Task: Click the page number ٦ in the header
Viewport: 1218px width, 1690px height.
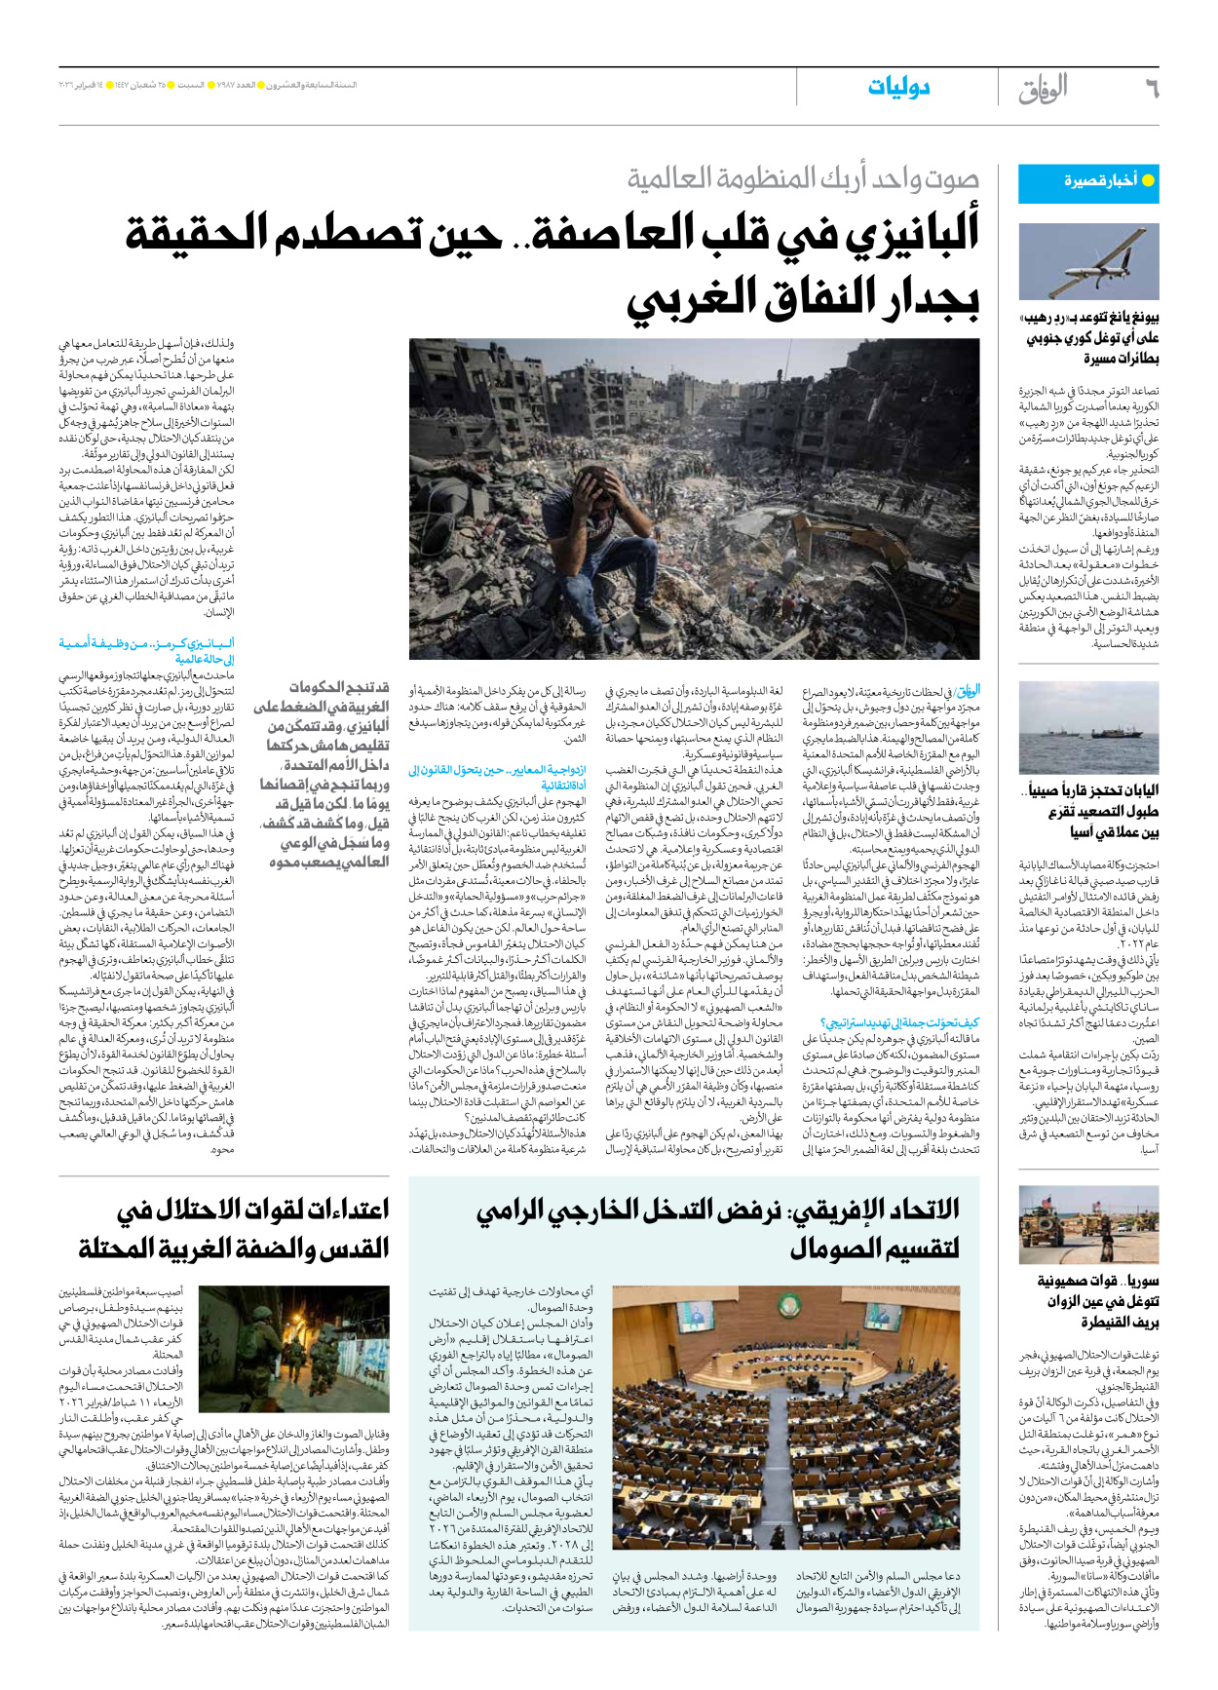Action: (1151, 89)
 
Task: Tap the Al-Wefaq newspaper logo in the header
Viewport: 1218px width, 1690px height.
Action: (1044, 89)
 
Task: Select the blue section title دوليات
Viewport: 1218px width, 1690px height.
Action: (898, 88)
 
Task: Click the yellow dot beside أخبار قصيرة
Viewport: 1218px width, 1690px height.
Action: (1148, 180)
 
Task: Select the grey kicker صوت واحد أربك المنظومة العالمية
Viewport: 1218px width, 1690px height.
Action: (803, 178)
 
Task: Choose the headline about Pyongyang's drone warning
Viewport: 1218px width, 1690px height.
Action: (1090, 338)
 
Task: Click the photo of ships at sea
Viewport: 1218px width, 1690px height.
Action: (1088, 727)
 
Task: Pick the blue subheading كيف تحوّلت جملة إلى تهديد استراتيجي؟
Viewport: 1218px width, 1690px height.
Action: (899, 1022)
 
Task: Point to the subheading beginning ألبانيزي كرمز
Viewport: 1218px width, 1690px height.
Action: (146, 651)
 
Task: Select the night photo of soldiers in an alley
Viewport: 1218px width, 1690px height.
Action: (293, 1349)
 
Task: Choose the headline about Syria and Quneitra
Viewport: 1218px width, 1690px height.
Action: (1099, 1301)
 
